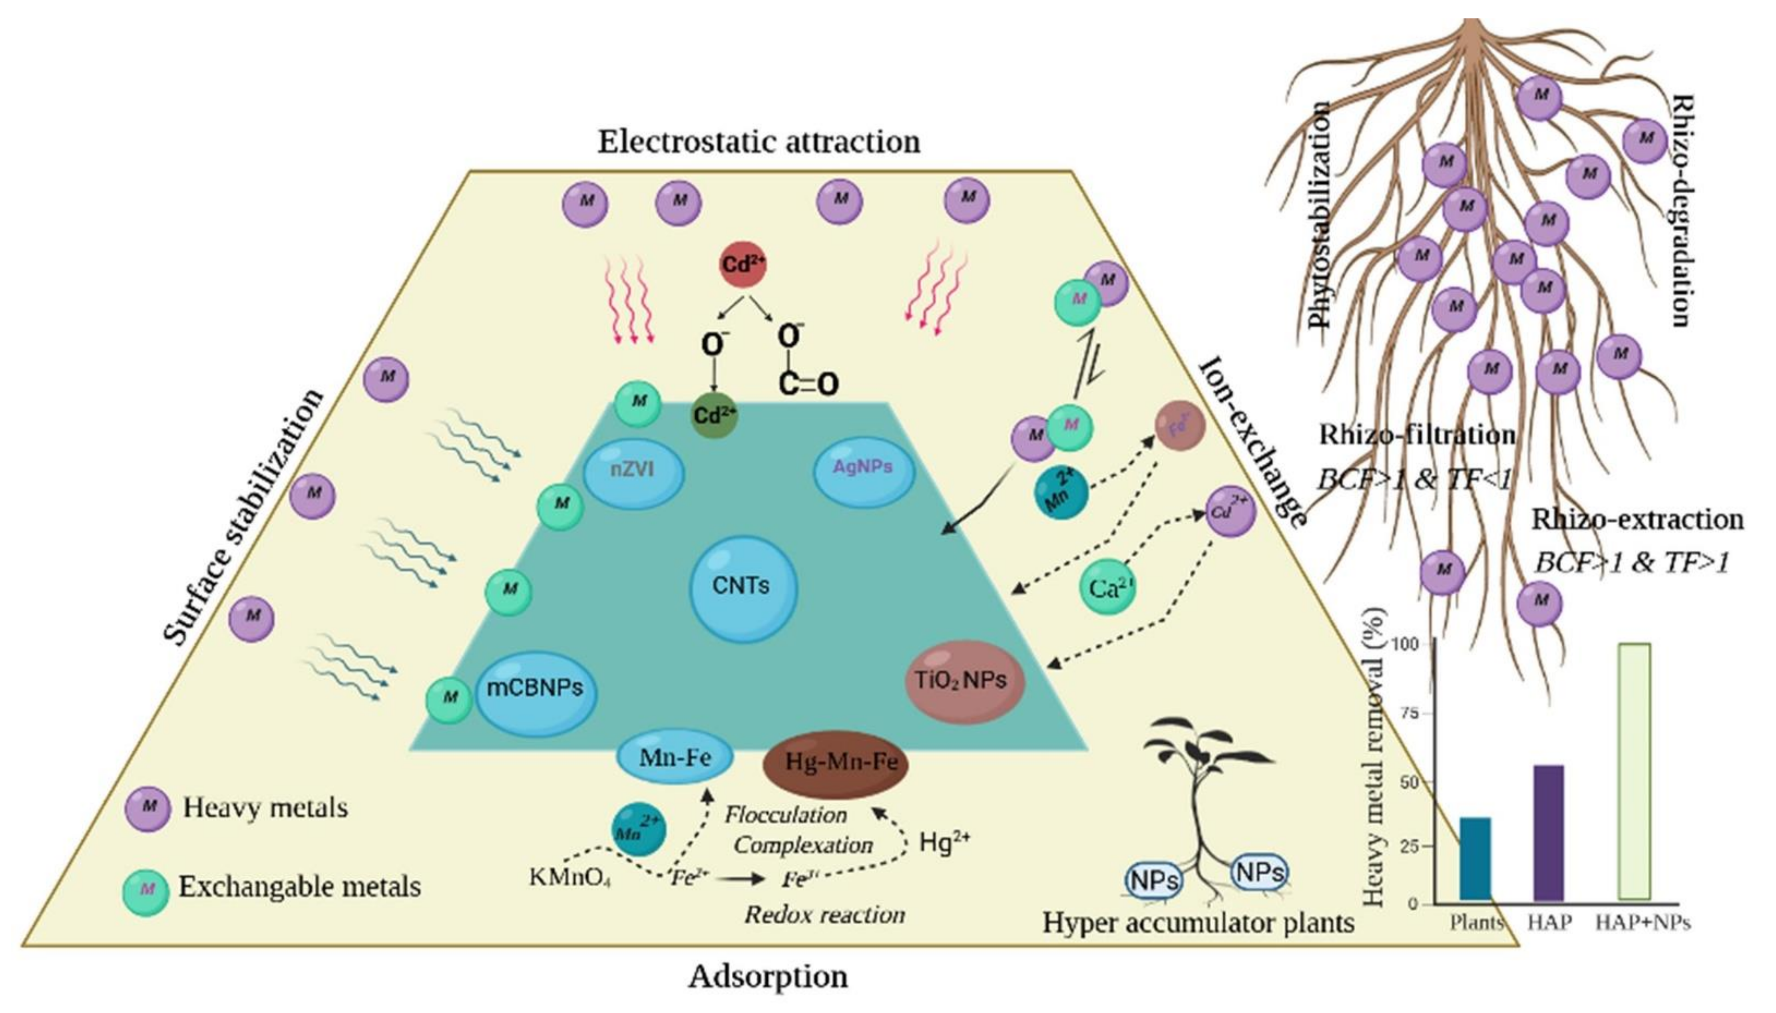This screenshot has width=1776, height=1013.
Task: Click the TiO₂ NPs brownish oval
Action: point(964,680)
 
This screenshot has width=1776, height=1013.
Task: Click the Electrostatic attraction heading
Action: point(759,142)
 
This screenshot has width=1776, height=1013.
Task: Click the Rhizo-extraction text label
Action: point(1637,520)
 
